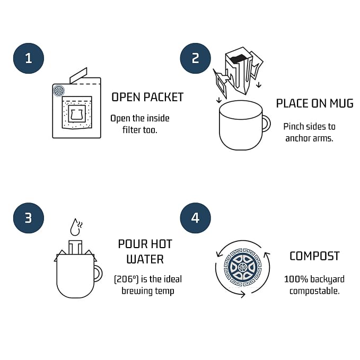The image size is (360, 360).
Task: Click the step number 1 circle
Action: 29,58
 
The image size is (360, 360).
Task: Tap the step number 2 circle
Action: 196,58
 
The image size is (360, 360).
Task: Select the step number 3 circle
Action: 29,218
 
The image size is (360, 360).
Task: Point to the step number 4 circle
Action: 196,218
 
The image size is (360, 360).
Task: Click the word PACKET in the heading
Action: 163,97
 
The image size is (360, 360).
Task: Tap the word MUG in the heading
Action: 341,103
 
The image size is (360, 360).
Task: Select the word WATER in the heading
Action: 145,259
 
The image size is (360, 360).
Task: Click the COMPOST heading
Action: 314,256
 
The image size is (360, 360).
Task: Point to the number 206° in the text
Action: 127,279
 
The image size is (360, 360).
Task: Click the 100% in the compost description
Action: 296,279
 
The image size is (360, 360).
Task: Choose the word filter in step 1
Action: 131,130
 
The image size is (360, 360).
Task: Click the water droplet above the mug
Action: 75,227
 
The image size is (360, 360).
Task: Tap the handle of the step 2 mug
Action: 267,124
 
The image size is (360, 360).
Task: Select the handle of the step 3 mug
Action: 98,274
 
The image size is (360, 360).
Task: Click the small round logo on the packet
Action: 59,91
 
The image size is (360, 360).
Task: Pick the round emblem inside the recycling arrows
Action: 243,267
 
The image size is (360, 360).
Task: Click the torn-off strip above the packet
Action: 78,75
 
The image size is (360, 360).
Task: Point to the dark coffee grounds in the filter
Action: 239,59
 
